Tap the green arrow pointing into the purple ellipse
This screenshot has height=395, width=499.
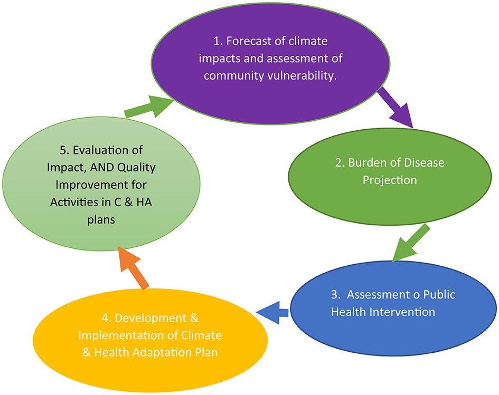(149, 107)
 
